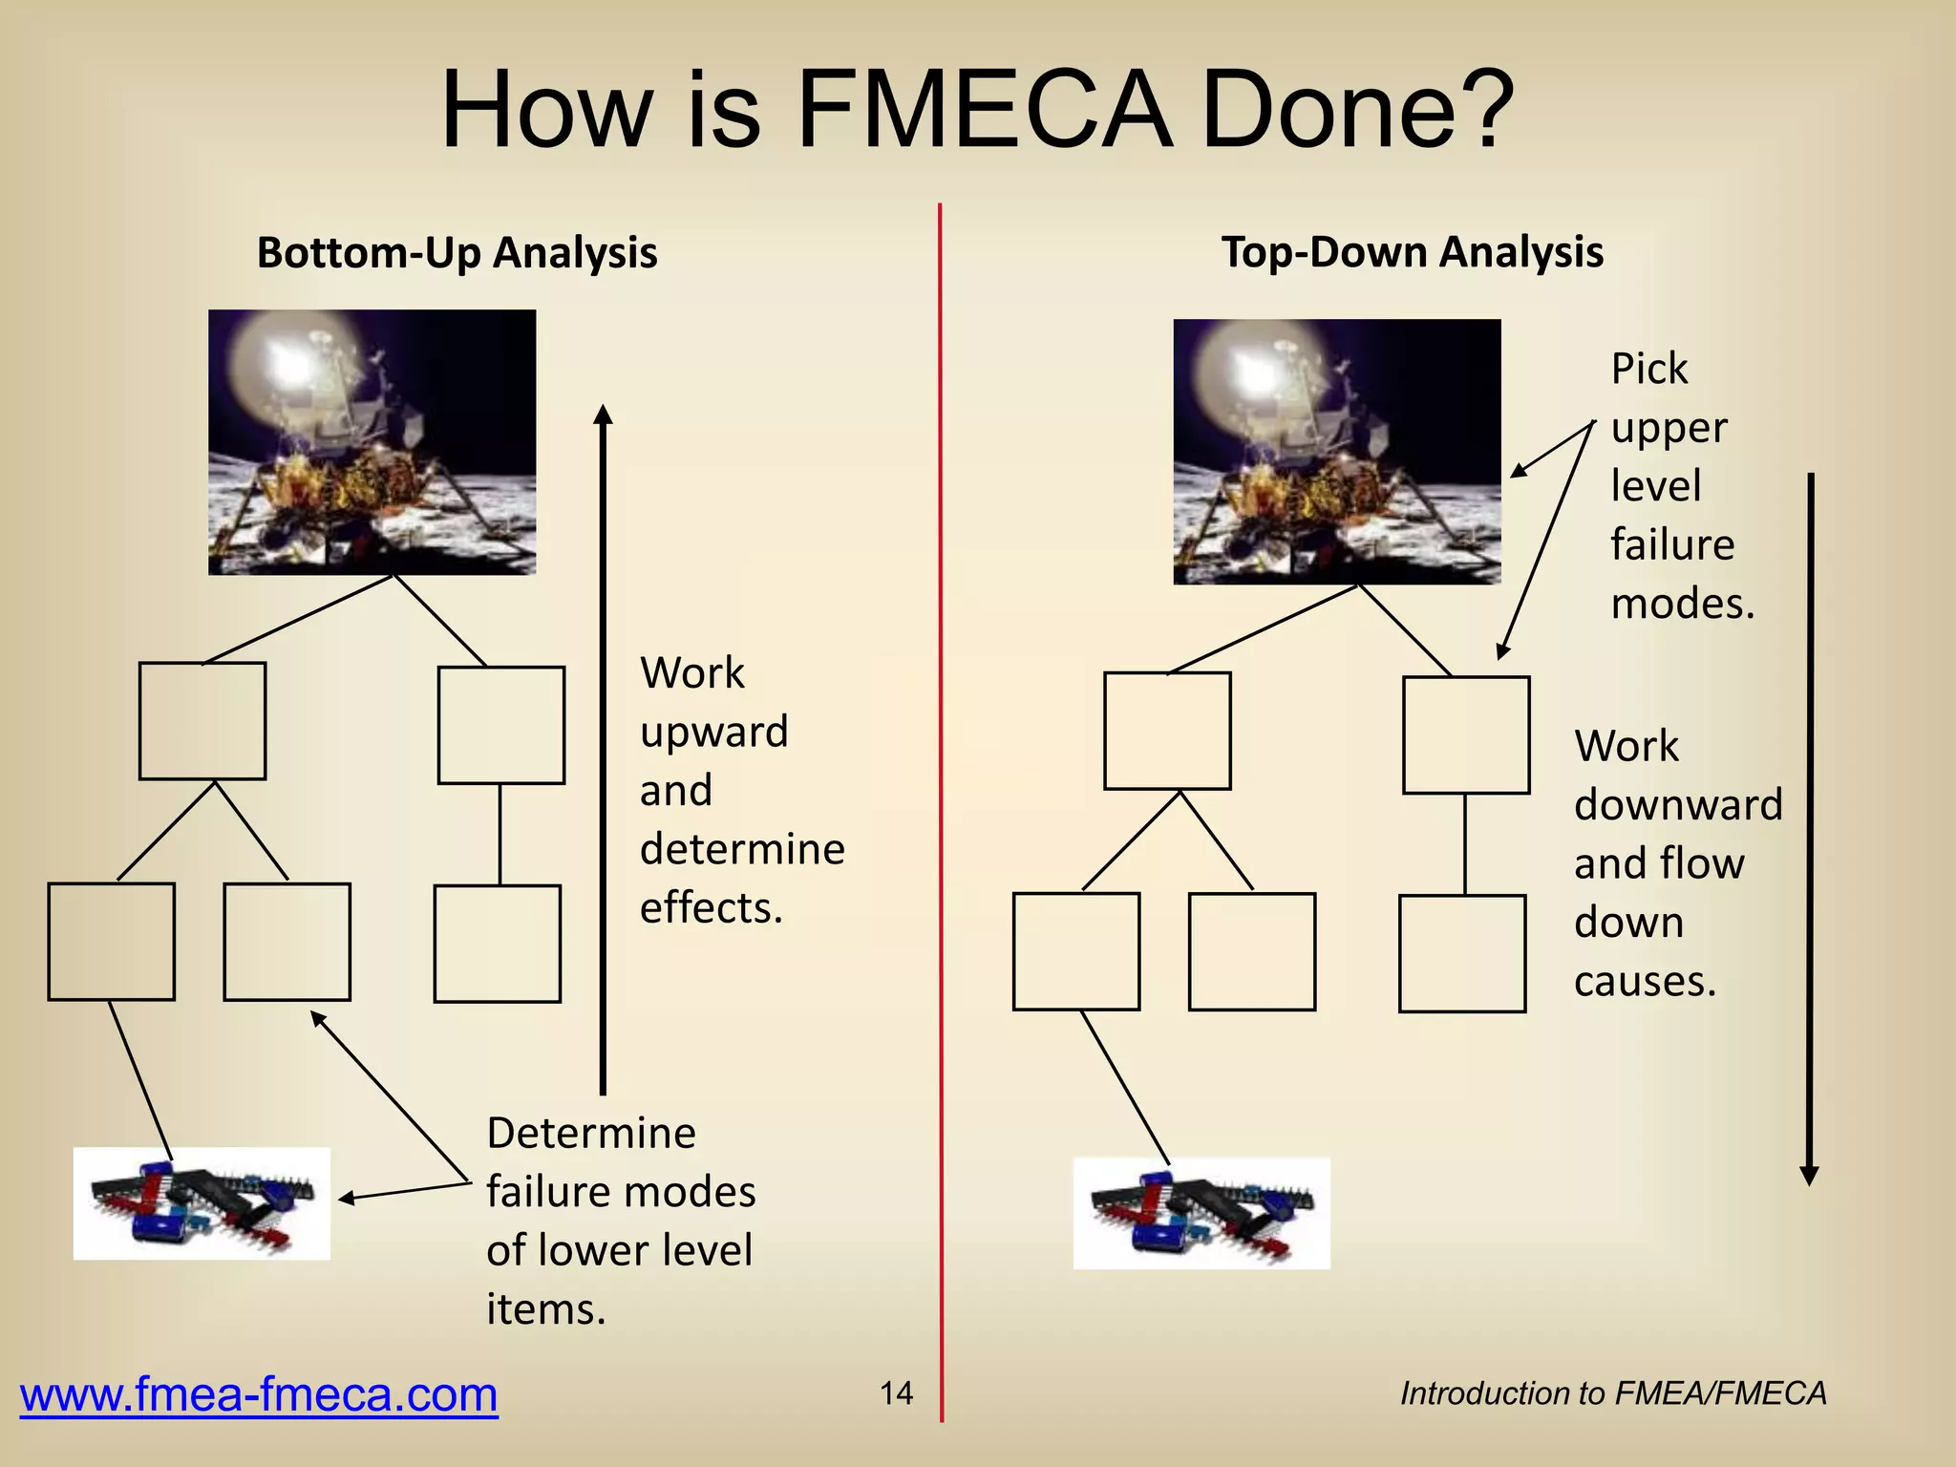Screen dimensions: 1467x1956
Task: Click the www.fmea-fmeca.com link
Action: (x=259, y=1394)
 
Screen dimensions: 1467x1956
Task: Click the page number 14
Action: (x=896, y=1393)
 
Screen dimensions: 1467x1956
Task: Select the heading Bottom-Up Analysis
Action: (x=457, y=253)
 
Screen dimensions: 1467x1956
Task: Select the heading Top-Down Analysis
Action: (x=1412, y=253)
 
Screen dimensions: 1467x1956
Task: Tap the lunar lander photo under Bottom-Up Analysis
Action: (x=372, y=442)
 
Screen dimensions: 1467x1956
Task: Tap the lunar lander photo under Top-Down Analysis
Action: (x=1336, y=452)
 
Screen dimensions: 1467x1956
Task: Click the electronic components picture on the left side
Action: (x=202, y=1203)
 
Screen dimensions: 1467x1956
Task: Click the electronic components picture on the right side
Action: (x=1201, y=1213)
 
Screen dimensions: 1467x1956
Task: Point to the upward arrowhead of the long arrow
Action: (x=603, y=415)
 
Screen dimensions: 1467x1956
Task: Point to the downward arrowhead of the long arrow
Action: (x=1809, y=1176)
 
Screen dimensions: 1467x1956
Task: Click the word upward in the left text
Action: (x=713, y=733)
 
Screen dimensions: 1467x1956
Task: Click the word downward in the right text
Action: (x=1678, y=805)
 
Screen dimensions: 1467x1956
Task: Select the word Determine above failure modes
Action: (x=591, y=1134)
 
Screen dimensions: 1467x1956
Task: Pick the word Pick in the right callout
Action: (x=1648, y=369)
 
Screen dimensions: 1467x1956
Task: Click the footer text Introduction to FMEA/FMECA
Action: (x=1612, y=1393)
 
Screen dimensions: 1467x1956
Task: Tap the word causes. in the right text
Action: (x=1645, y=982)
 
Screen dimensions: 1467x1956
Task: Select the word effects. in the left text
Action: (x=711, y=908)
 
